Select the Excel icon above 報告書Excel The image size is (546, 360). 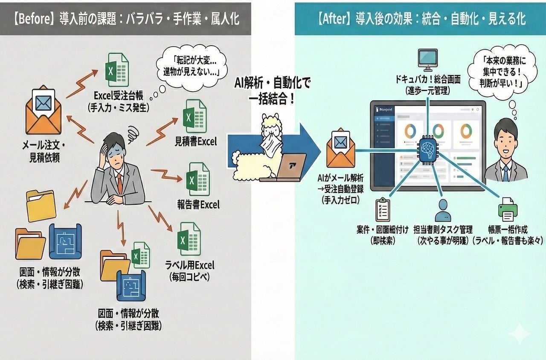pos(197,179)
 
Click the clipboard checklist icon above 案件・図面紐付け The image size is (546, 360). pos(383,209)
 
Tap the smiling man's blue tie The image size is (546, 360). pos(506,173)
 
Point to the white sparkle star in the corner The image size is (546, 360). pos(520,333)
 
